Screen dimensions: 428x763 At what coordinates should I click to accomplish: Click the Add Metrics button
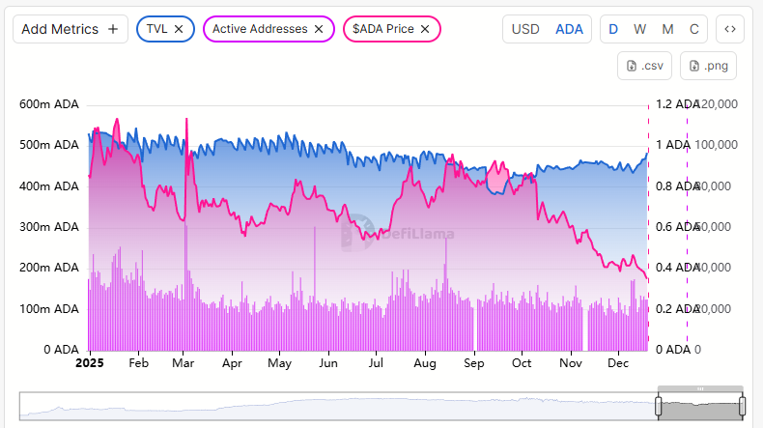pyautogui.click(x=70, y=29)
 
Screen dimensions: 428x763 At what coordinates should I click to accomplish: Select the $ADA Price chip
pyautogui.click(x=382, y=29)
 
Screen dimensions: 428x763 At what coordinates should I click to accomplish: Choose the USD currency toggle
pyautogui.click(x=524, y=29)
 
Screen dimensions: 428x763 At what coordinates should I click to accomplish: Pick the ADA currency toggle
pyautogui.click(x=569, y=29)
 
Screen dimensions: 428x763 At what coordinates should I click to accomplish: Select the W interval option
pyautogui.click(x=639, y=29)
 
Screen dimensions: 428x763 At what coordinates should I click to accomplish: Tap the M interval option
pyautogui.click(x=666, y=29)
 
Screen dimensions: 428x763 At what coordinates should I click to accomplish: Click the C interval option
pyautogui.click(x=693, y=29)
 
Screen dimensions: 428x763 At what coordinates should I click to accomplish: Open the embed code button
pyautogui.click(x=730, y=29)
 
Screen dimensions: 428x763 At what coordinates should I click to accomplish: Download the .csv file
pyautogui.click(x=644, y=66)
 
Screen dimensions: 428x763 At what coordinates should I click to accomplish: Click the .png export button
pyautogui.click(x=708, y=66)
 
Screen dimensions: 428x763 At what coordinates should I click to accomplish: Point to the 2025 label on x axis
pyautogui.click(x=89, y=364)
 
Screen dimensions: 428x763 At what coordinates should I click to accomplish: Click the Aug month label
pyautogui.click(x=423, y=364)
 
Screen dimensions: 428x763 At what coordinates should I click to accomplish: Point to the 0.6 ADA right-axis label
pyautogui.click(x=673, y=227)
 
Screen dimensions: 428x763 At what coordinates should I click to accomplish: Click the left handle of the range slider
pyautogui.click(x=661, y=407)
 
